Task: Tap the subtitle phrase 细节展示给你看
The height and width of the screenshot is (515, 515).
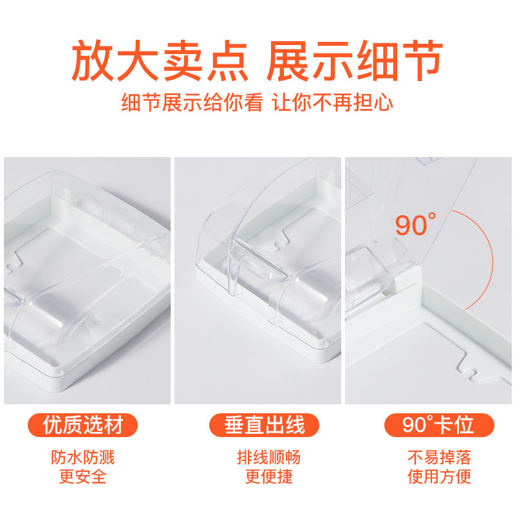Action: (192, 102)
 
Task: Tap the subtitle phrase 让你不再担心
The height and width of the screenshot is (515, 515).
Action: (333, 102)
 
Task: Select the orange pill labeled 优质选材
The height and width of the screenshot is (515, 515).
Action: (82, 425)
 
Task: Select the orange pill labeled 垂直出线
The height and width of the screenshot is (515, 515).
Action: (264, 425)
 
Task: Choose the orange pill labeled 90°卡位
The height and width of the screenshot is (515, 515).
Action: (439, 425)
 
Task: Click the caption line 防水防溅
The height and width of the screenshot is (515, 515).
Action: (83, 457)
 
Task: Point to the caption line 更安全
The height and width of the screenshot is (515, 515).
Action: (83, 476)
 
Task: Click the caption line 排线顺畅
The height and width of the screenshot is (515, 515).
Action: (269, 457)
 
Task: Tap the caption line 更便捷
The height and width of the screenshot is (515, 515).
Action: (269, 476)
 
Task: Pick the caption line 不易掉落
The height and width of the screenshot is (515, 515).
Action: (440, 457)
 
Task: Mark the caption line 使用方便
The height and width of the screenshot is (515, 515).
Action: (440, 476)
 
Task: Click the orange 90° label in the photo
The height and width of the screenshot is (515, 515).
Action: (416, 224)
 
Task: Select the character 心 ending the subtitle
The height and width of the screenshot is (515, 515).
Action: (383, 102)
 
